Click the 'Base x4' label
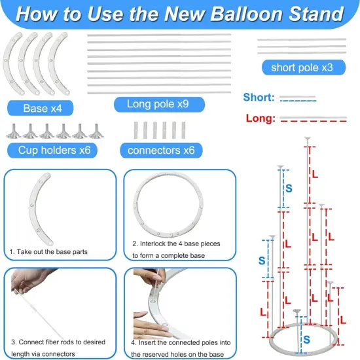(39, 107)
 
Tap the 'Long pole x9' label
(159, 104)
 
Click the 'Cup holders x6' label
(54, 151)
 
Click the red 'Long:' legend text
(259, 118)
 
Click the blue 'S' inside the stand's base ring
(307, 339)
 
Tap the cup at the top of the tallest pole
(306, 139)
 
